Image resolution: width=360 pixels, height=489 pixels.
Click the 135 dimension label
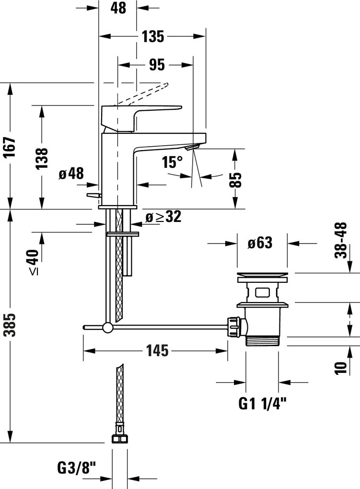pos(153,36)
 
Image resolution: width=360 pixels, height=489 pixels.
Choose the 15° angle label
pos(173,162)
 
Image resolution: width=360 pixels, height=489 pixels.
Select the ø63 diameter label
pos(260,244)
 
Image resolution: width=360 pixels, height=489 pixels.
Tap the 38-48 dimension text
pos(341,240)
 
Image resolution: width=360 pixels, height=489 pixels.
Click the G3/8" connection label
pos(77,466)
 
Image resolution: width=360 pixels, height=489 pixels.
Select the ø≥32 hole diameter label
pos(163,217)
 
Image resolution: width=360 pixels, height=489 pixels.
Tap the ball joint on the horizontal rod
pos(108,328)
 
